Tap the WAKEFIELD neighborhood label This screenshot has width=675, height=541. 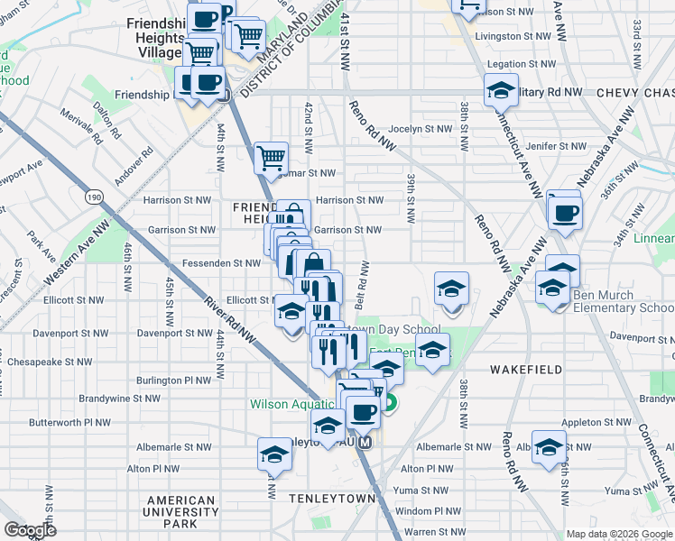pyautogui.click(x=526, y=370)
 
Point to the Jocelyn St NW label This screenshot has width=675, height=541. pyautogui.click(x=421, y=129)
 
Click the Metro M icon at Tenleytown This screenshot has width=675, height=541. pyautogui.click(x=365, y=444)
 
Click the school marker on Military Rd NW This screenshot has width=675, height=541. pyautogui.click(x=501, y=91)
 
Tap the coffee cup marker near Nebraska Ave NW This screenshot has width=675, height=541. pyautogui.click(x=565, y=213)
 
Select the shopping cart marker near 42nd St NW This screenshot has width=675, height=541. pyautogui.click(x=271, y=159)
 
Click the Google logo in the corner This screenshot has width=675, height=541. pyautogui.click(x=30, y=530)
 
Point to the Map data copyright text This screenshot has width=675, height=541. pyautogui.click(x=620, y=534)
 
